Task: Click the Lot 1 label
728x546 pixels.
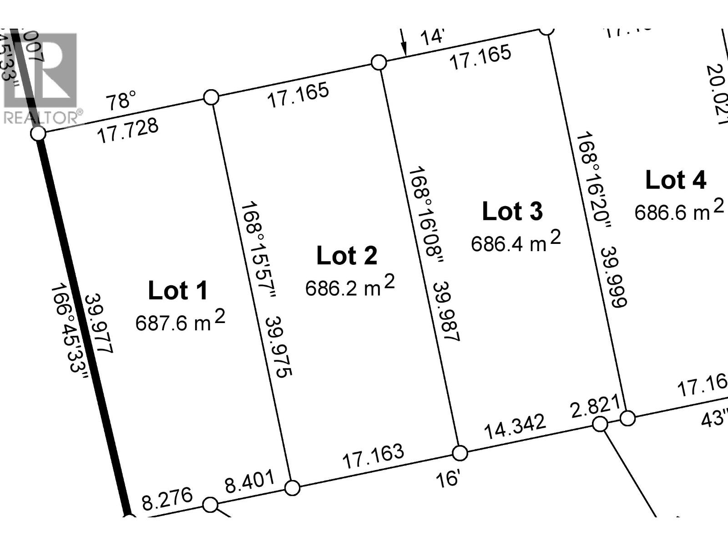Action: click(178, 291)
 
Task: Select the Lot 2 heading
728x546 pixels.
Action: click(347, 256)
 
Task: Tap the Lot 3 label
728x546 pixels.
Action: click(512, 212)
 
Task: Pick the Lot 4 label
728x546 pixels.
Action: click(676, 180)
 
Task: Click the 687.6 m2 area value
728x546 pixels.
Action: click(180, 322)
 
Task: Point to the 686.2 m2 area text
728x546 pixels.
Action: click(349, 287)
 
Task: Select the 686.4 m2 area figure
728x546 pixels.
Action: click(516, 243)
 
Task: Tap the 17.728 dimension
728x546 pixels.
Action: click(129, 131)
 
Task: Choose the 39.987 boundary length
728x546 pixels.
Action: click(446, 312)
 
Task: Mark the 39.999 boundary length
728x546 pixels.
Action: click(614, 278)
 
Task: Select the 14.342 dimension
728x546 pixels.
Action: click(514, 426)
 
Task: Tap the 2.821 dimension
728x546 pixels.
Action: click(595, 406)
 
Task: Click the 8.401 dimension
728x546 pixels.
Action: click(250, 482)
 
